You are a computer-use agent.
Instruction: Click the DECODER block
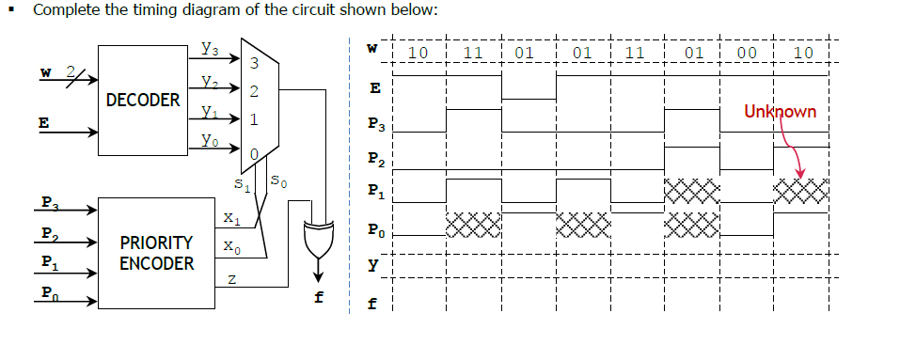[143, 99]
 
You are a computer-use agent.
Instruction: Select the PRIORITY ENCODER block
[156, 253]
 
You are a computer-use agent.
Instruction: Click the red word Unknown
[780, 111]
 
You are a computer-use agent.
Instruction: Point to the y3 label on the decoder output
[211, 47]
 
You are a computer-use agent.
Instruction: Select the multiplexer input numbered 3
[254, 63]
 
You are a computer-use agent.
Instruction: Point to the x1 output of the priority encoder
[229, 219]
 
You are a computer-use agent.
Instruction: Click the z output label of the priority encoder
[229, 279]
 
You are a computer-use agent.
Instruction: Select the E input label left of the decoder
[42, 121]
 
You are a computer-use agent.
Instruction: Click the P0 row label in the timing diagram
[375, 229]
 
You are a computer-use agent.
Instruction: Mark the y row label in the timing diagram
[374, 266]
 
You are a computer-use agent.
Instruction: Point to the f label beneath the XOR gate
[319, 300]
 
